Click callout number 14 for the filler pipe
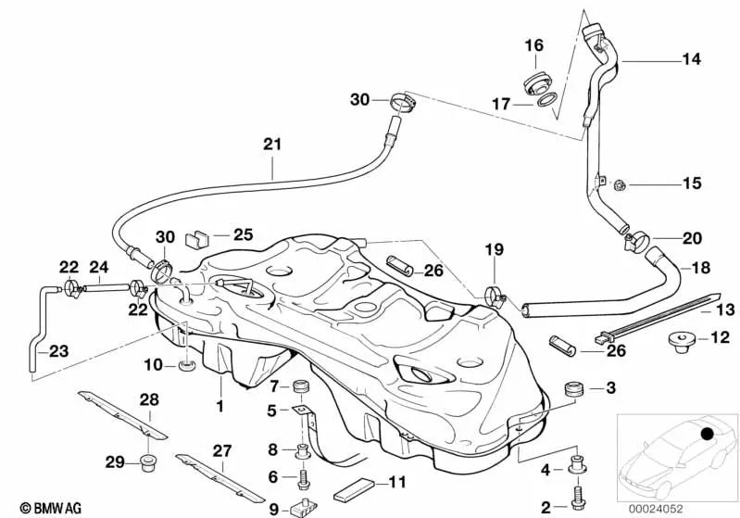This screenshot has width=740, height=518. tap(692, 58)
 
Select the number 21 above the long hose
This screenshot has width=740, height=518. tap(271, 145)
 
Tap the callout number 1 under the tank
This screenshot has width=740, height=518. tap(219, 406)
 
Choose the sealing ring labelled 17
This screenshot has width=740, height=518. tap(546, 105)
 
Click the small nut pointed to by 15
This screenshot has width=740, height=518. tap(621, 185)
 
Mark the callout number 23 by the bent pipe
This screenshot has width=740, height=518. tap(57, 351)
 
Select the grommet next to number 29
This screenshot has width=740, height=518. tap(146, 461)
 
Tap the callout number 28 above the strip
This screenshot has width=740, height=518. tap(150, 399)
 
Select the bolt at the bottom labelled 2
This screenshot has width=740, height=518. tap(579, 499)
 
